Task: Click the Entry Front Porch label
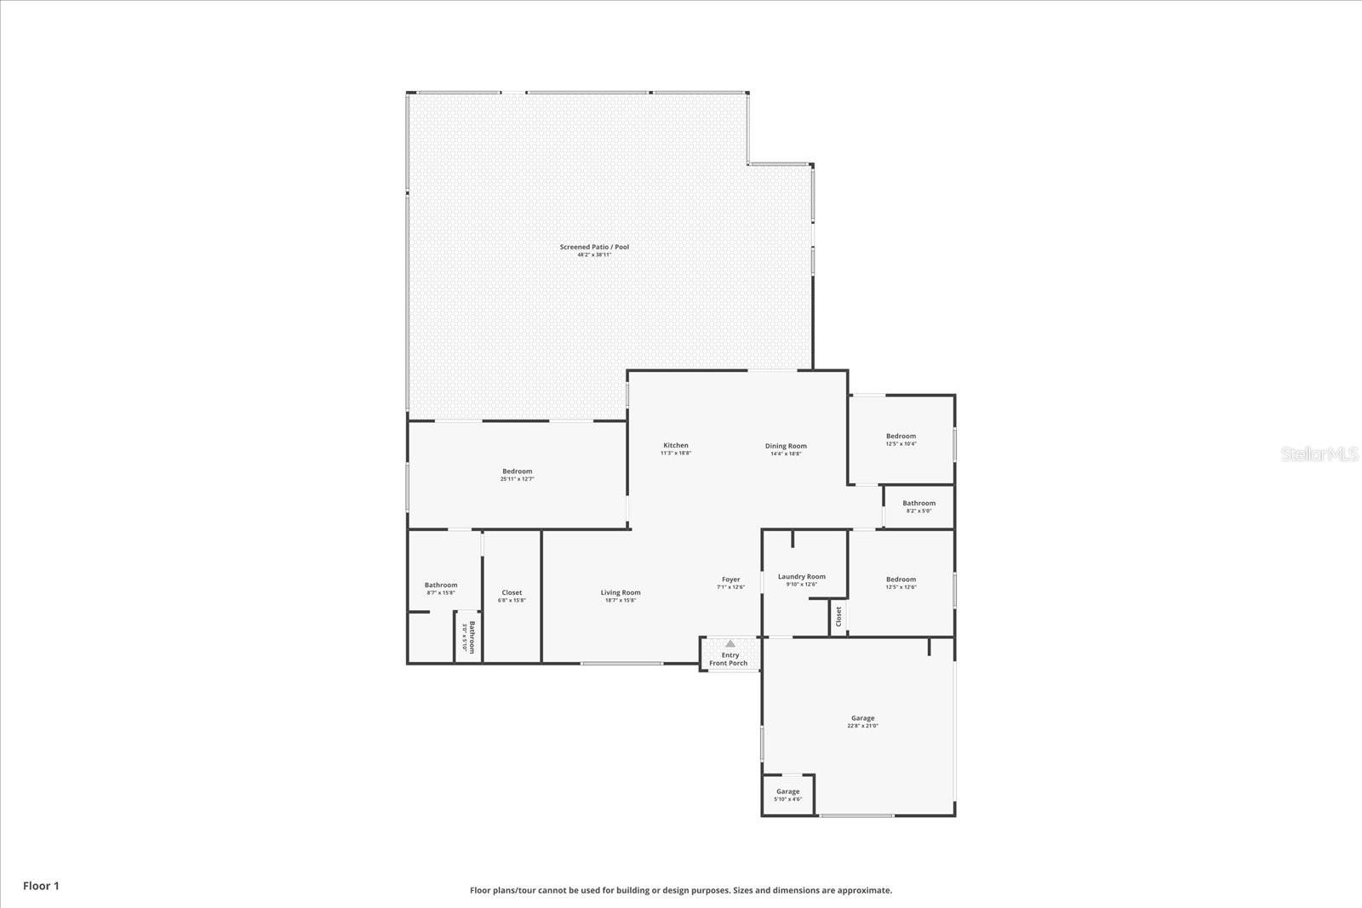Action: point(729,660)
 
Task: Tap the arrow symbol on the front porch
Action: point(730,644)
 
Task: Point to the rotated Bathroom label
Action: point(468,637)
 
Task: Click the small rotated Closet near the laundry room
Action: point(838,617)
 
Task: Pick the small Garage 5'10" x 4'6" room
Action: point(787,795)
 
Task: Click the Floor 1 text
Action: point(41,886)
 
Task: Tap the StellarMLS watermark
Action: point(1319,454)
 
